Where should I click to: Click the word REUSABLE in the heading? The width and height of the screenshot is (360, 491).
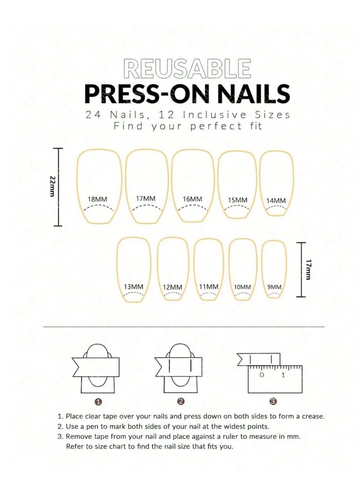coord(187,68)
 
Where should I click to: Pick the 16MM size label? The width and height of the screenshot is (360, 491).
coord(193,199)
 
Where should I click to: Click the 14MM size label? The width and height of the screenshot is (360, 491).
coord(276,200)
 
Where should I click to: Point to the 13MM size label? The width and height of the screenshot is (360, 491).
coord(134,286)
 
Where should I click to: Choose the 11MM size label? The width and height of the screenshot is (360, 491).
coord(208,286)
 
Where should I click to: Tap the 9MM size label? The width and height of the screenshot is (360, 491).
coord(274,287)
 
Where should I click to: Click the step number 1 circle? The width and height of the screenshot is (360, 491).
coord(99,401)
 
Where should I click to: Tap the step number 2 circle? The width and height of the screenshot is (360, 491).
coord(180,401)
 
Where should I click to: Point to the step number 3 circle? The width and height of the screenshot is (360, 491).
coord(273,401)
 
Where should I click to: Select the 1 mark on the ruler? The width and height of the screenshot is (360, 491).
coord(283,374)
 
